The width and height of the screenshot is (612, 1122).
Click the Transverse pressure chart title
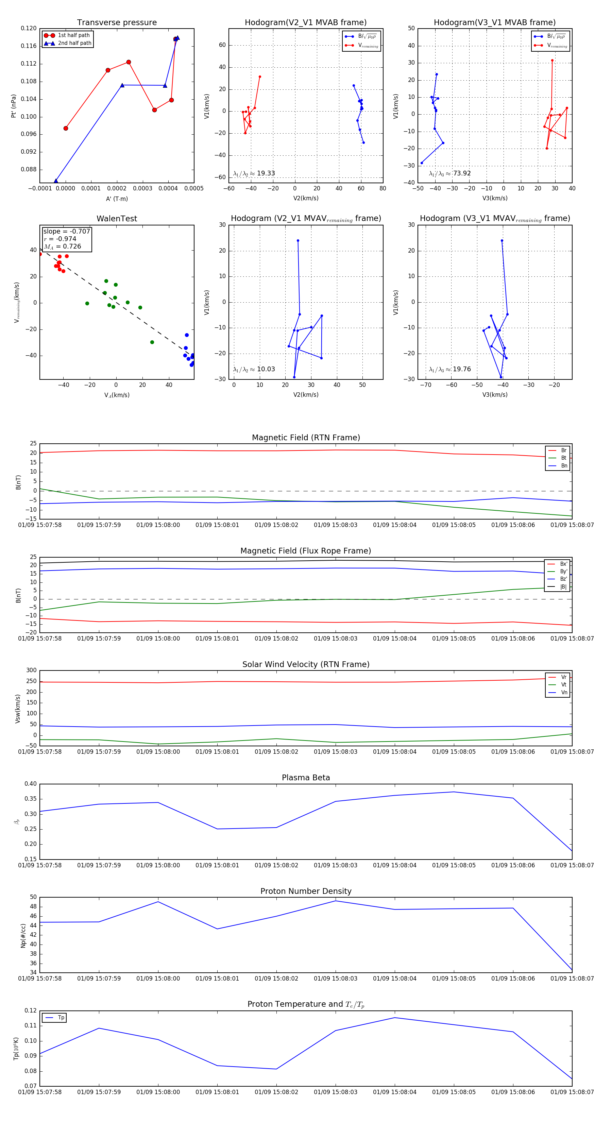click(117, 23)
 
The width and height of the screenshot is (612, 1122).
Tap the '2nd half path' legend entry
click(74, 43)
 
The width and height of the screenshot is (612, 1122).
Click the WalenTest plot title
click(117, 219)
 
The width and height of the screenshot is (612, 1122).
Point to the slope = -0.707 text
click(67, 231)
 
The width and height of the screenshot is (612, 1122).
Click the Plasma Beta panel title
click(306, 778)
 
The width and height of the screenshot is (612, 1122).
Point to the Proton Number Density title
click(306, 891)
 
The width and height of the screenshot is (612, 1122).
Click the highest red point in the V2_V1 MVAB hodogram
click(260, 76)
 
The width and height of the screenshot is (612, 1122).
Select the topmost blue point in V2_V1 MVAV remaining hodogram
click(298, 240)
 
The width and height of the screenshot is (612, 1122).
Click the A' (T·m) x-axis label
click(117, 199)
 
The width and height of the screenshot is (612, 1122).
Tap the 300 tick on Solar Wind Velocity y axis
click(31, 670)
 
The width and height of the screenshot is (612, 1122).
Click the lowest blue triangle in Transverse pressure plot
click(56, 181)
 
